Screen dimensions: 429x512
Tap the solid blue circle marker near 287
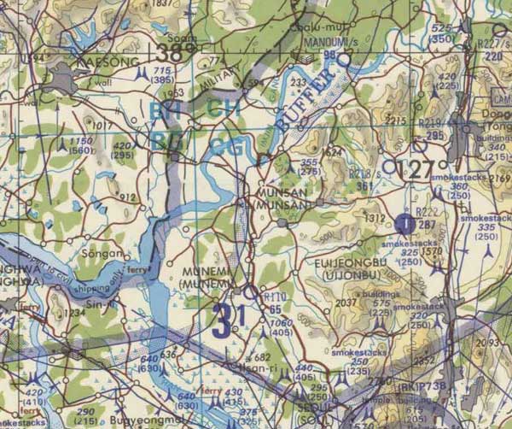[405, 224]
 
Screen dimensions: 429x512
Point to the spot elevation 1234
[73, 314]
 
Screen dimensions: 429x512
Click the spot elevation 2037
[346, 302]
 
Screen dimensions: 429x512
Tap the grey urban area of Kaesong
[61, 81]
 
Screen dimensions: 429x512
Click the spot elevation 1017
[103, 126]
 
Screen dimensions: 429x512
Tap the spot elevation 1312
[374, 218]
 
